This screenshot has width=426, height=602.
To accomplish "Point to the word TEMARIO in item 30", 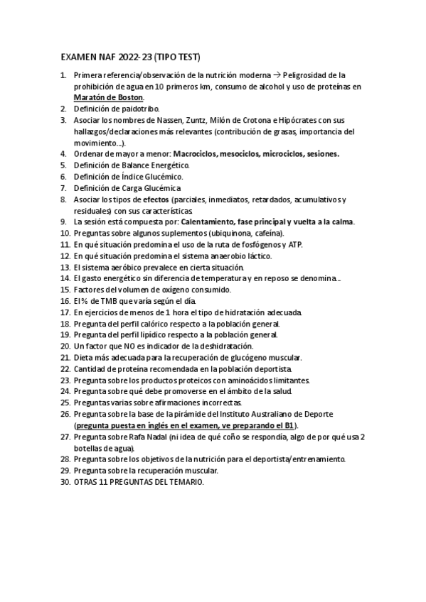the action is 185,481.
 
